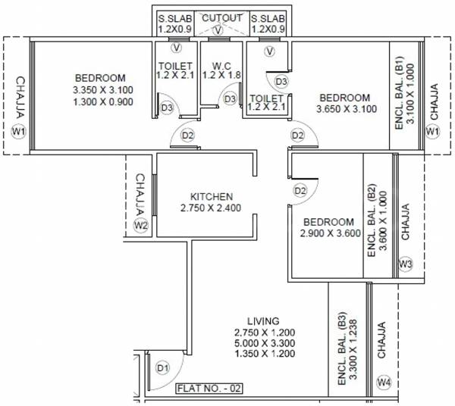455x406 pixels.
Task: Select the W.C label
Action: pyautogui.click(x=221, y=65)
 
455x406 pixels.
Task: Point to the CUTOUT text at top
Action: pyautogui.click(x=221, y=17)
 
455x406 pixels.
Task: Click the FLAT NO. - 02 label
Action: pyautogui.click(x=209, y=389)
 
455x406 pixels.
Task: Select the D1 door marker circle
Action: pyautogui.click(x=161, y=368)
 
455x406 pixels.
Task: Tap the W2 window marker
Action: pyautogui.click(x=140, y=225)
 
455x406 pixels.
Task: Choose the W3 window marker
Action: pyautogui.click(x=405, y=264)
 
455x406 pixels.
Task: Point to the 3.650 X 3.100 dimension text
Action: pyautogui.click(x=345, y=110)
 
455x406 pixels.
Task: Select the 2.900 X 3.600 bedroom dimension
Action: pyautogui.click(x=328, y=234)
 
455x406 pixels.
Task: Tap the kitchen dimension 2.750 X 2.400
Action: pyautogui.click(x=210, y=208)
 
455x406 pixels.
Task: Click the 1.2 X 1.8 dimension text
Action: pyautogui.click(x=221, y=76)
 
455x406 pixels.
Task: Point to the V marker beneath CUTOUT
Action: pyautogui.click(x=219, y=30)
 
